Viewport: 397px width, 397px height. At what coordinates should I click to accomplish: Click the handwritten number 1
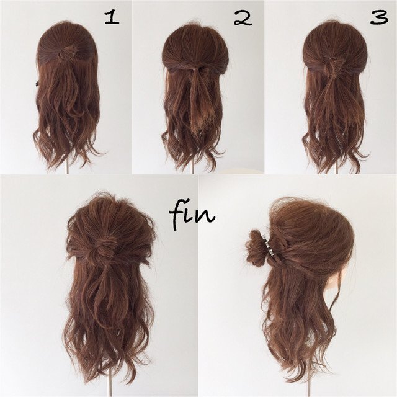coord(112,17)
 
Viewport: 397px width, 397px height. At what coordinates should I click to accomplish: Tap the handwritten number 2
coord(243,18)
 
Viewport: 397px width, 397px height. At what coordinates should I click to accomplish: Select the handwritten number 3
coord(379,17)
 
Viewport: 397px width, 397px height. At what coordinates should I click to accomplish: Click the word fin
coord(192,215)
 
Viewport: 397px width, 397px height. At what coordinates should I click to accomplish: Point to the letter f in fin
coord(177,215)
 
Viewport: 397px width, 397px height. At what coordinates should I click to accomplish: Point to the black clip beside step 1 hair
coord(37,83)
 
